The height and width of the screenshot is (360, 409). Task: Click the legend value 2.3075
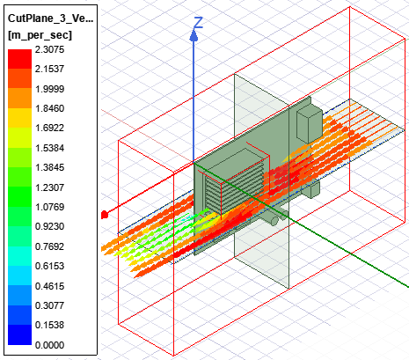[x=49, y=49]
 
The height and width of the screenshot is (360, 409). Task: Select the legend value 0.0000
[x=49, y=345]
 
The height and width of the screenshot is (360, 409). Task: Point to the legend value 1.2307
[x=49, y=187]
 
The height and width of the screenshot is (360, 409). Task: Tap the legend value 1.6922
[x=49, y=128]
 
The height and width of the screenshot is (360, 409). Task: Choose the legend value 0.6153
[x=49, y=266]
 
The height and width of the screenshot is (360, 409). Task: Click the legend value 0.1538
[x=49, y=325]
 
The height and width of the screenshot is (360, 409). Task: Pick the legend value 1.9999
[x=49, y=89]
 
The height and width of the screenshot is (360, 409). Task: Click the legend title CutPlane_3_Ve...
[x=50, y=18]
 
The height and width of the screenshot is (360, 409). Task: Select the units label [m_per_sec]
[x=40, y=35]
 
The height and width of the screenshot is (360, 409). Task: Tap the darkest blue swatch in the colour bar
[x=19, y=334]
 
